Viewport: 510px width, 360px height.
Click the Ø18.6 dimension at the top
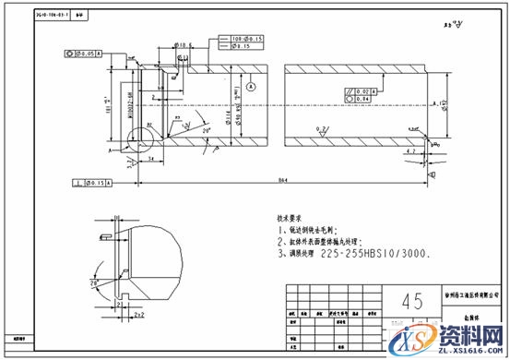click(x=182, y=44)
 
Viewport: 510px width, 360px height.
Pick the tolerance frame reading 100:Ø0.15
click(x=240, y=39)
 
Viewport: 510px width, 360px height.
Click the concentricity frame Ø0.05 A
click(x=85, y=54)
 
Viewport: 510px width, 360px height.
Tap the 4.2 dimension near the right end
click(x=411, y=150)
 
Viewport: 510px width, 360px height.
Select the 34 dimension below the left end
click(x=149, y=160)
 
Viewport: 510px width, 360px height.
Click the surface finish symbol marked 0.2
click(x=320, y=130)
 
